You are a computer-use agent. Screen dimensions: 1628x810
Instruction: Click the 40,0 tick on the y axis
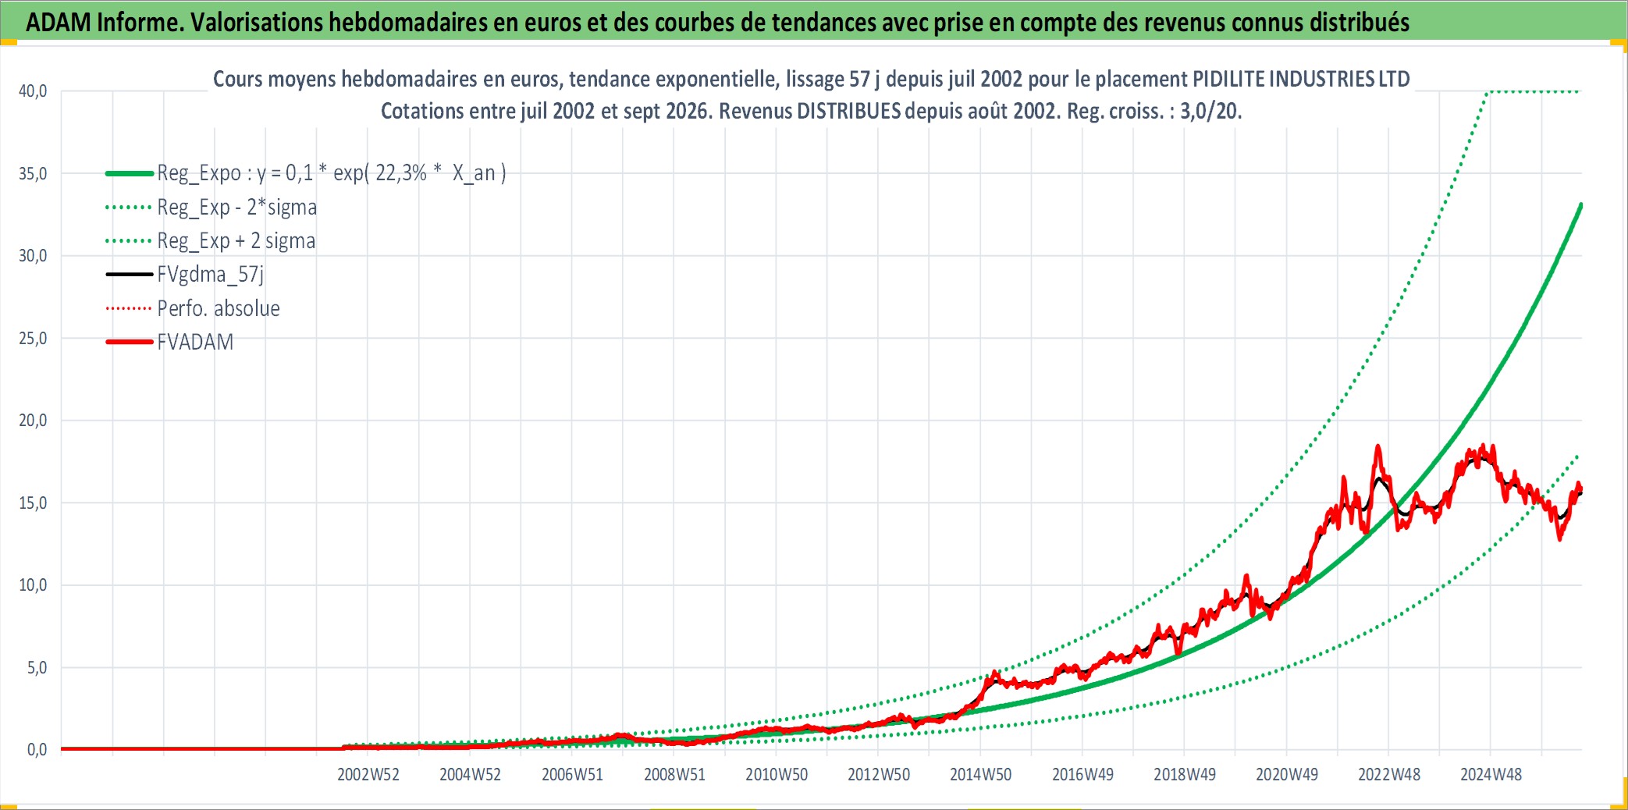[33, 91]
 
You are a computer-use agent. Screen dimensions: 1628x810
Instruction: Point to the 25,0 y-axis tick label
[33, 339]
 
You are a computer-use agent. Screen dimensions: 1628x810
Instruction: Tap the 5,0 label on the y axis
[37, 668]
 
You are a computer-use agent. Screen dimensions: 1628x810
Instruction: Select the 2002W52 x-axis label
[368, 775]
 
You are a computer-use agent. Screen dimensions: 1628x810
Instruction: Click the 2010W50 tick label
[777, 775]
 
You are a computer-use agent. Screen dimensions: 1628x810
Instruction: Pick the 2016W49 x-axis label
[1082, 775]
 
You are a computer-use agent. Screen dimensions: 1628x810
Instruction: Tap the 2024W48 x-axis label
[1491, 775]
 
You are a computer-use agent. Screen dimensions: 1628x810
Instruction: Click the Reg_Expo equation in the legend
[332, 173]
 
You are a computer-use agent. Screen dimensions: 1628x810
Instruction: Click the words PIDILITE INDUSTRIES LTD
[1301, 79]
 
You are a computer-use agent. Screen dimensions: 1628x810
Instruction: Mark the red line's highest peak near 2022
[1377, 446]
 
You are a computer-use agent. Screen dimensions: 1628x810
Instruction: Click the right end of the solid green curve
[1580, 204]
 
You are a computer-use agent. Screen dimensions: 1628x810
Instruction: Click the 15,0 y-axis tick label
[33, 503]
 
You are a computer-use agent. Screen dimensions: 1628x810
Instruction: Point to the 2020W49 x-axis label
[1287, 775]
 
